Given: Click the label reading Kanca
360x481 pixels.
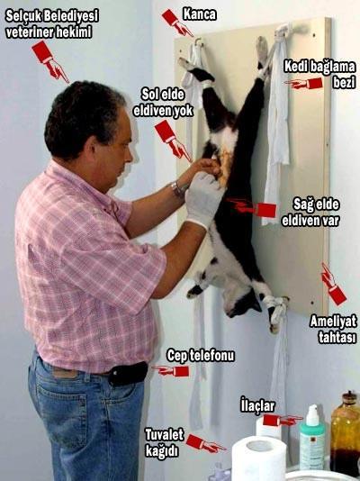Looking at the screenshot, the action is (x=200, y=14).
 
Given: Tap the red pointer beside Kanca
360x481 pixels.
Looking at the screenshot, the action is (x=177, y=23).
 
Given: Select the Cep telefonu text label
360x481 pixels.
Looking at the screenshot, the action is (x=201, y=356).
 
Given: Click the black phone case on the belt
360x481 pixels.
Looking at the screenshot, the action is (x=128, y=373).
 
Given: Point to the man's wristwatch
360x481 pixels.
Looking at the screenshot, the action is (x=177, y=189).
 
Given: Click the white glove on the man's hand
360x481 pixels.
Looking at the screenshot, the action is (x=203, y=198).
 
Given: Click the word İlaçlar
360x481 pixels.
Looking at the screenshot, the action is (x=257, y=405).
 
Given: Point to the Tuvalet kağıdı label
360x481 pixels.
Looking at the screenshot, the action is (x=165, y=443).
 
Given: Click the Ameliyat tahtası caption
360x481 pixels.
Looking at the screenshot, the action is (x=333, y=329).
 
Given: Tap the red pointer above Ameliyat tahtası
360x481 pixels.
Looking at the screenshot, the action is (x=333, y=285).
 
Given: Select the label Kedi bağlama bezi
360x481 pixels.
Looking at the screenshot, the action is (x=319, y=75).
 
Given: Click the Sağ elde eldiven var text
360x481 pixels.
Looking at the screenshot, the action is (x=310, y=213).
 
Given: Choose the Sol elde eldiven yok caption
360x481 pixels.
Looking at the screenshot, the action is (x=163, y=103).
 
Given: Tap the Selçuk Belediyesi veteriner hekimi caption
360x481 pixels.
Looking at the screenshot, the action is (x=52, y=24).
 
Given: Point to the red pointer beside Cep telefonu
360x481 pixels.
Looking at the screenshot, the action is (x=171, y=370).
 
